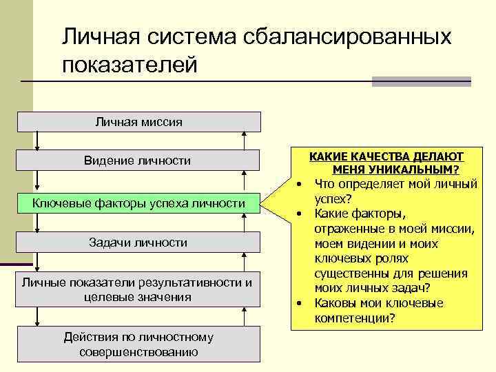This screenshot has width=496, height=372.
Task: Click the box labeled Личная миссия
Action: [x=138, y=122]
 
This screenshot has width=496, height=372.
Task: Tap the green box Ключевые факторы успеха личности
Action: [x=138, y=203]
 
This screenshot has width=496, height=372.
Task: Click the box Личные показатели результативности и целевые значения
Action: [x=136, y=290]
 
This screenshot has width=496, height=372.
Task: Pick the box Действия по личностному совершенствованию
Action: [x=138, y=344]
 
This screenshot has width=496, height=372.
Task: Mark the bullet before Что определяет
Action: [x=300, y=185]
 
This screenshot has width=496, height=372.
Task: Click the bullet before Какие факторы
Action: [x=300, y=214]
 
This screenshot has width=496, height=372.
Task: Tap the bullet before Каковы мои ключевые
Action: [x=300, y=304]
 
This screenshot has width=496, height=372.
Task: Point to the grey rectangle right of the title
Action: [x=421, y=81]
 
